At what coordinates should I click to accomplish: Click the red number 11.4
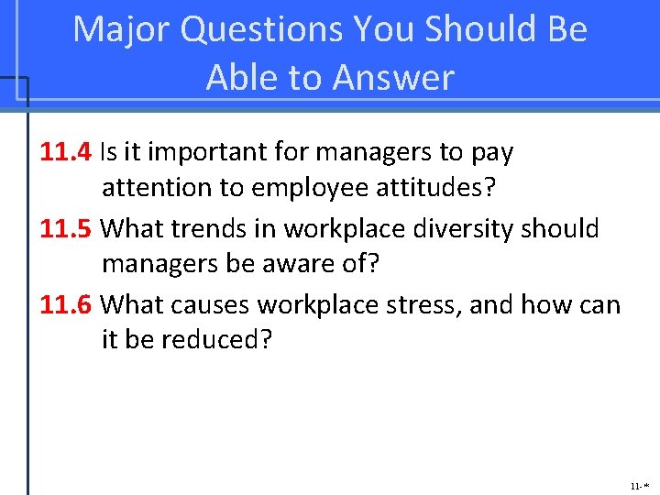click(65, 151)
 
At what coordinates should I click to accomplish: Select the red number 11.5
click(65, 227)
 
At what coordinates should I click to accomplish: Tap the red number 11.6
click(65, 303)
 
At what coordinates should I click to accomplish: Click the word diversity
click(466, 227)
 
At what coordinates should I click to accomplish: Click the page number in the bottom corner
click(640, 485)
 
